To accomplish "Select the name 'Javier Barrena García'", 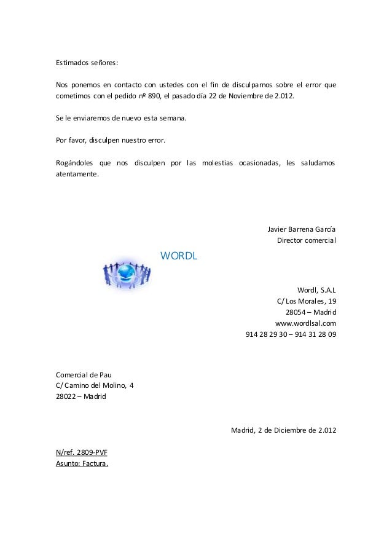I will point(302,230).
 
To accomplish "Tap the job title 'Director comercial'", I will point(307,240).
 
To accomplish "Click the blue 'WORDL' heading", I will point(178,255).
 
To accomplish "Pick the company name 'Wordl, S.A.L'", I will point(316,291).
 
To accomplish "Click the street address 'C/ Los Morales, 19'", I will point(307,302).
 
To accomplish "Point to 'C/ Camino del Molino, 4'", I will point(93,386).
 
